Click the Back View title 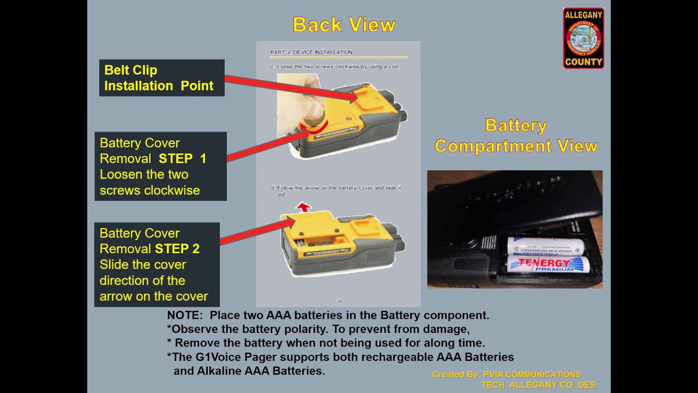coord(344,25)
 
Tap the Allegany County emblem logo coord(583,38)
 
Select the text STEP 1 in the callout coord(182,159)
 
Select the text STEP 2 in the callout coord(177,249)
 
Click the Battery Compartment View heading coord(515,136)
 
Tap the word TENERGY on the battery coord(544,263)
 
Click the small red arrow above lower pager coord(303,207)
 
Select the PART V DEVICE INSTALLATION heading coord(311,52)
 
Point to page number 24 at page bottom coord(339,301)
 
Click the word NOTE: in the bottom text coord(185,315)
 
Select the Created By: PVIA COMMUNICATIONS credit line coord(506,374)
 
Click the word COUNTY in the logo coord(583,62)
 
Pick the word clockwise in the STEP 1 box coord(172,190)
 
